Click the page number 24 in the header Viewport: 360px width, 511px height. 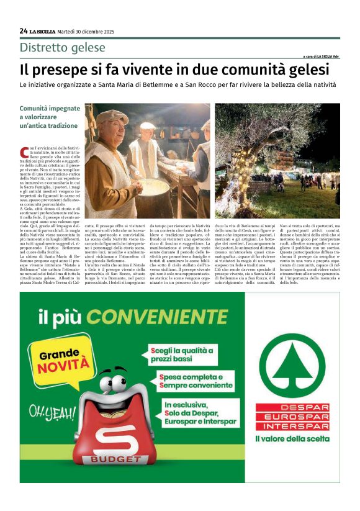tap(24, 30)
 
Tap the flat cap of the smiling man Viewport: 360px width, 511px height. tap(112, 117)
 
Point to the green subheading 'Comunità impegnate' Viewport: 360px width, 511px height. tap(47, 108)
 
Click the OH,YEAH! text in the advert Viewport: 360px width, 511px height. tap(48, 412)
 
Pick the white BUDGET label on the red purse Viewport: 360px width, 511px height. tap(115, 458)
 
